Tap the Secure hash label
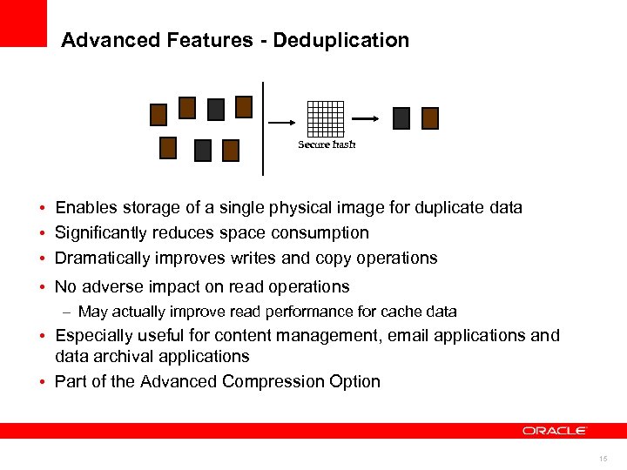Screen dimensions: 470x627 (327, 144)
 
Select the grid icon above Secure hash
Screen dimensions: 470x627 (327, 118)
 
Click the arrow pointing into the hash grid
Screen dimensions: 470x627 (285, 123)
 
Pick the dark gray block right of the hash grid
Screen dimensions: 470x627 (401, 118)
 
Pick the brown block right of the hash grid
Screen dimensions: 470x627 (430, 118)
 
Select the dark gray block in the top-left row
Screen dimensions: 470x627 (216, 109)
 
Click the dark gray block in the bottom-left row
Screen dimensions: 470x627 (202, 151)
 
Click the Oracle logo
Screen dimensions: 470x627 (555, 430)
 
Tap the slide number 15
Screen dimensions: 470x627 (603, 459)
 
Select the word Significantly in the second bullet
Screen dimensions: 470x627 (102, 233)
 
